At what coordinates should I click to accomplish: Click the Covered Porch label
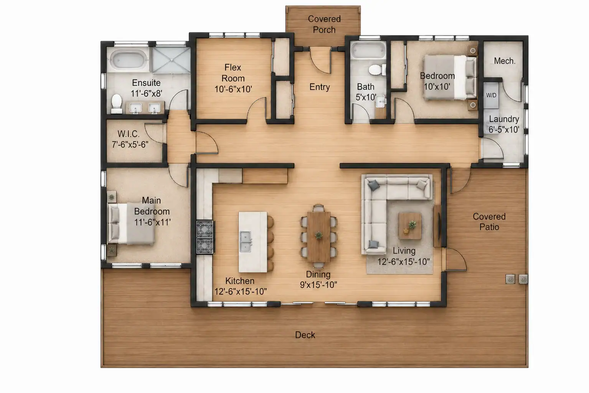pyautogui.click(x=324, y=24)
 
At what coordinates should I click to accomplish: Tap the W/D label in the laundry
pyautogui.click(x=491, y=95)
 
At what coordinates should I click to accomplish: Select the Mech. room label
pyautogui.click(x=504, y=61)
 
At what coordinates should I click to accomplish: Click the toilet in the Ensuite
pyautogui.click(x=117, y=104)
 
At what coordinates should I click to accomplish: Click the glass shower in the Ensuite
pyautogui.click(x=172, y=60)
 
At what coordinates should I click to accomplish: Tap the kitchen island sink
pyautogui.click(x=245, y=242)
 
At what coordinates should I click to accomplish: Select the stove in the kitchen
pyautogui.click(x=205, y=237)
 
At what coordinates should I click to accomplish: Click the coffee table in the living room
pyautogui.click(x=410, y=226)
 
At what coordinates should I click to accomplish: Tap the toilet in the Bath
pyautogui.click(x=377, y=70)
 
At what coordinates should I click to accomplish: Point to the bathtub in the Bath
pyautogui.click(x=369, y=50)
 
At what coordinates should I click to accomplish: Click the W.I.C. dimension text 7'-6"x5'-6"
pyautogui.click(x=130, y=144)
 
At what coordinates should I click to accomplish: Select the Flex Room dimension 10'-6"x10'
pyautogui.click(x=233, y=89)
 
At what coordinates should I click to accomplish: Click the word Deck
pyautogui.click(x=305, y=335)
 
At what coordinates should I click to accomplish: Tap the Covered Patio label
pyautogui.click(x=489, y=221)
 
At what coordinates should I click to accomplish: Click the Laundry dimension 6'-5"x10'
pyautogui.click(x=504, y=129)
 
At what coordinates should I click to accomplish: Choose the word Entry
pyautogui.click(x=320, y=87)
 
